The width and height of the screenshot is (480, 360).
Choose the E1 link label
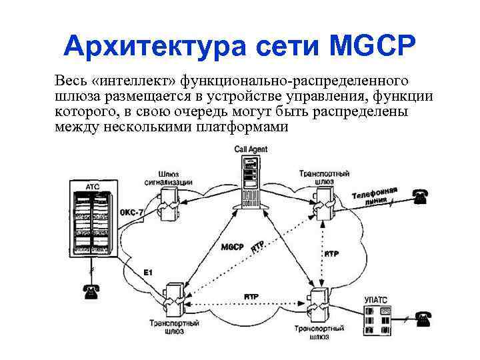(148, 273)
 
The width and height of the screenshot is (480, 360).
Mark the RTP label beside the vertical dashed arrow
(331, 254)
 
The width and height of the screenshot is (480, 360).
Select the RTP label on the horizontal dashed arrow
(251, 295)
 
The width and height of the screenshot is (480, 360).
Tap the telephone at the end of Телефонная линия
(420, 195)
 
